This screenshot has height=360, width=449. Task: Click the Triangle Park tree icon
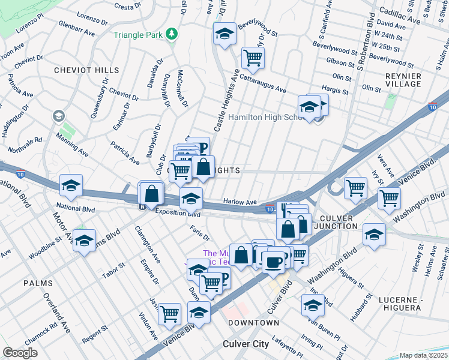172,34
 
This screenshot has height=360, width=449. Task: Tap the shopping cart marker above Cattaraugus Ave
253,58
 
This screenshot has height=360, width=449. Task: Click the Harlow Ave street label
240,202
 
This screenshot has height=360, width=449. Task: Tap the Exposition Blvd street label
178,212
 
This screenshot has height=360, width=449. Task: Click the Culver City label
246,344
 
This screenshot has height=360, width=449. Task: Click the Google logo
20,352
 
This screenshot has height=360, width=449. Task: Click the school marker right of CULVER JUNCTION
374,234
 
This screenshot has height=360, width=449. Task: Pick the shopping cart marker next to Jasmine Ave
170,313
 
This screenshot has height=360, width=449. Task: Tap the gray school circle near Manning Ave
58,115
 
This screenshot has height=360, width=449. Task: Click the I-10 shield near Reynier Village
432,107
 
